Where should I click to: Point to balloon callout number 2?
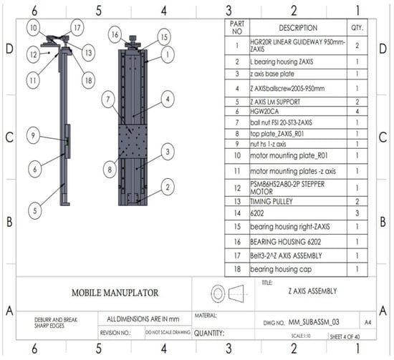tap(165, 187)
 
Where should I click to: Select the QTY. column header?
tap(356, 28)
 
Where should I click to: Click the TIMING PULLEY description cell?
tap(275, 202)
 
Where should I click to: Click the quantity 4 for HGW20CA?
tap(356, 112)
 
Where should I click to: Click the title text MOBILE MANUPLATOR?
tap(114, 293)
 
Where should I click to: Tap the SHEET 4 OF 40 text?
tap(349, 334)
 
